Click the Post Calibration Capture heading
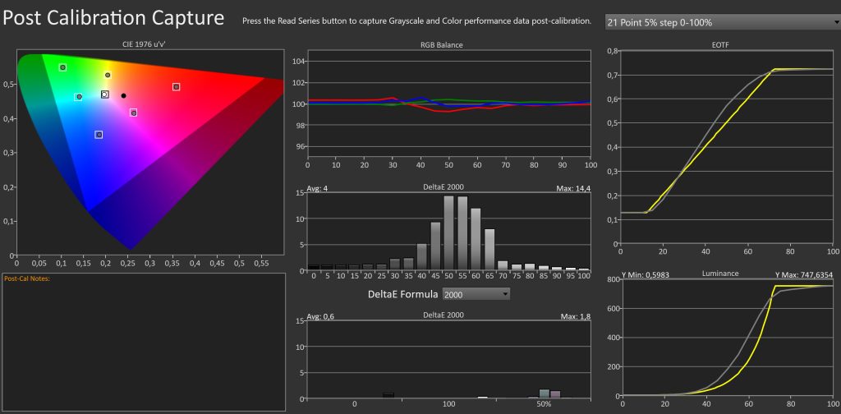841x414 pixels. [x=113, y=17]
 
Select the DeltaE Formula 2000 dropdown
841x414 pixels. [x=476, y=293]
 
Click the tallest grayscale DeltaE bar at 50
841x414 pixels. [x=448, y=232]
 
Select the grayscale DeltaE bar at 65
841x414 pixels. [x=489, y=249]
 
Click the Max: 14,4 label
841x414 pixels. [x=572, y=191]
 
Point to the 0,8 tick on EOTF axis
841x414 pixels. [x=612, y=50]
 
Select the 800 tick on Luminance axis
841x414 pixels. [x=611, y=279]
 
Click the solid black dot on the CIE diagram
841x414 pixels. [x=124, y=95]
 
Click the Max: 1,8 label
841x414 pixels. [x=573, y=315]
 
